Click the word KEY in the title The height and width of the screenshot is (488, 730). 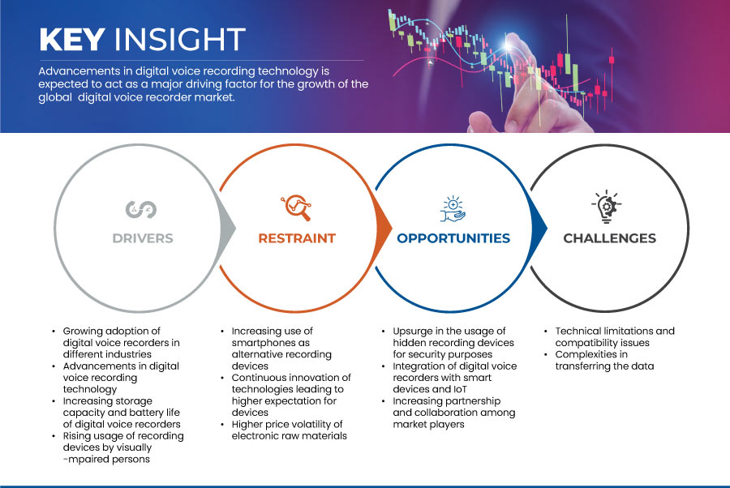[72, 39]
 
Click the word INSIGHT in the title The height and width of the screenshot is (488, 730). [180, 39]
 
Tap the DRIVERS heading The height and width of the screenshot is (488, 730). [143, 238]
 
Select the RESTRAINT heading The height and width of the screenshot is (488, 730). [297, 238]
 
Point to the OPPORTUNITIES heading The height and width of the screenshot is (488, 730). [453, 238]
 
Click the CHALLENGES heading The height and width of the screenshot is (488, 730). [609, 238]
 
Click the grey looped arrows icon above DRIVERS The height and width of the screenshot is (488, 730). [141, 209]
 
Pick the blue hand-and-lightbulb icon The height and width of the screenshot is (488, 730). [453, 209]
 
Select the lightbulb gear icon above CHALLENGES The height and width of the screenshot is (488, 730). [607, 207]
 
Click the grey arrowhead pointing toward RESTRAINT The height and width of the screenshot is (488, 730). [228, 229]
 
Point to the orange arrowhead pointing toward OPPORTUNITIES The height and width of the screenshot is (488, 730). [384, 229]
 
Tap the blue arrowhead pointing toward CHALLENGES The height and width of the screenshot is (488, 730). [539, 229]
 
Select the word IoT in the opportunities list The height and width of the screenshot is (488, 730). [459, 389]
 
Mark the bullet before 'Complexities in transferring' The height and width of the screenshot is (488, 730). [546, 354]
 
